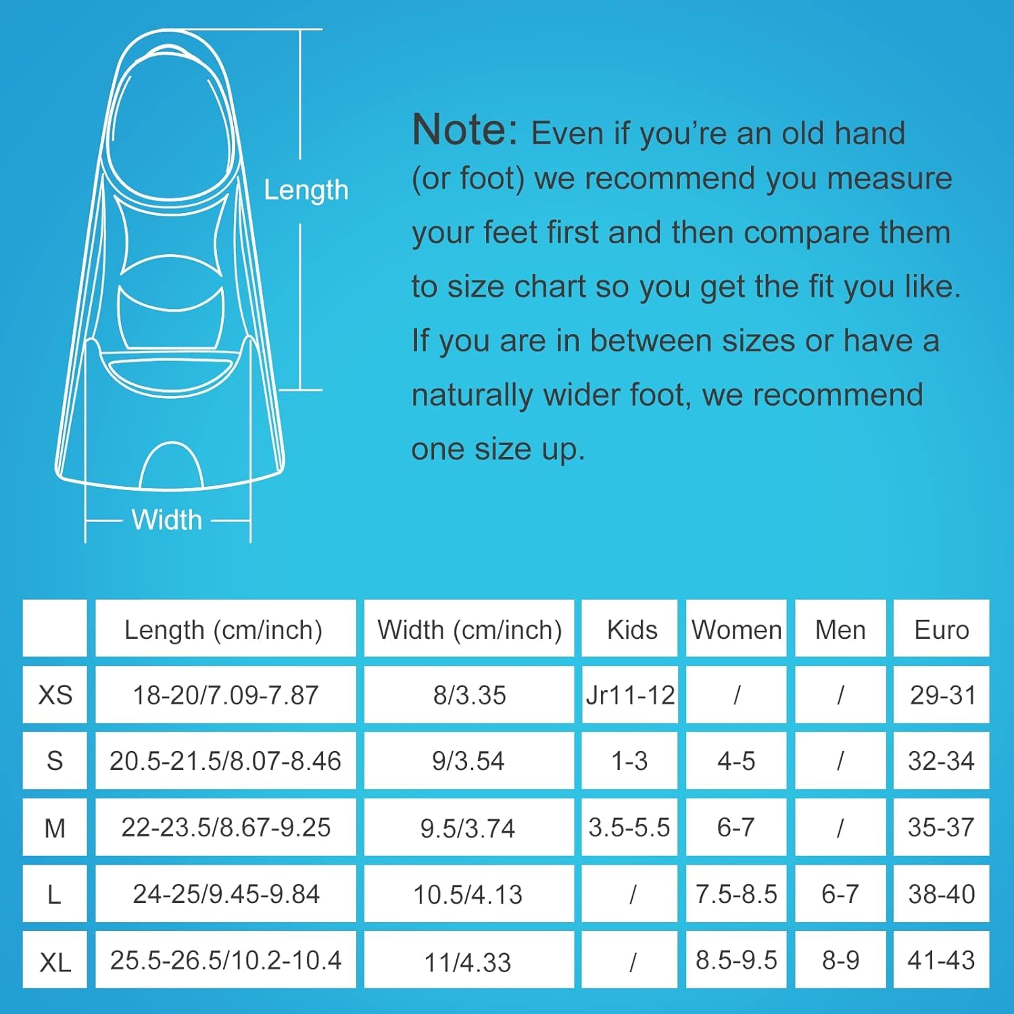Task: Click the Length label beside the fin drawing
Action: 306,191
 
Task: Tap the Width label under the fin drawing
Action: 167,520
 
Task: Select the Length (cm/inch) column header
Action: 224,629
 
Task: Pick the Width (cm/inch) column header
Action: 469,629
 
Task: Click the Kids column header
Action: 631,629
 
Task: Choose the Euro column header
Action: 941,629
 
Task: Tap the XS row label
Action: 55,695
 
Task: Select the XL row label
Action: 55,961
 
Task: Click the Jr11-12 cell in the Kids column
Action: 630,695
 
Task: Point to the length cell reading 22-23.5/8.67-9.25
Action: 226,827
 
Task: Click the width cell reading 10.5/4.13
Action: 468,894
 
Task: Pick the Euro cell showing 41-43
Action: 941,960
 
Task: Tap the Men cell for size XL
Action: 840,960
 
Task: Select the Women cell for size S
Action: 736,761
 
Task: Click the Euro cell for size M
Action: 941,827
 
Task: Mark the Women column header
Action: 736,629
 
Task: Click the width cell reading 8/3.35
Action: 469,695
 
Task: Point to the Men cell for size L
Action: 840,894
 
